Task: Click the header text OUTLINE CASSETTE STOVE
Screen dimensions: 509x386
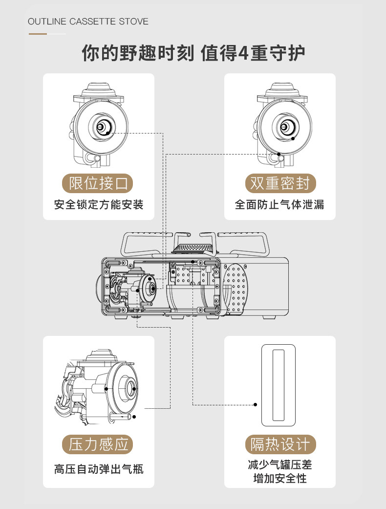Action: pos(88,22)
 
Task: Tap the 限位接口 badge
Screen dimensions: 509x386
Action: pos(98,183)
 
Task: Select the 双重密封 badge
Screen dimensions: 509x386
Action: pos(280,183)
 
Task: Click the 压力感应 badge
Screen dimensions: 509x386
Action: pos(98,444)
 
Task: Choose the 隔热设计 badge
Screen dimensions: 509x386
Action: pos(280,444)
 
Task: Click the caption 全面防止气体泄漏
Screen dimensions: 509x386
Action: pos(279,205)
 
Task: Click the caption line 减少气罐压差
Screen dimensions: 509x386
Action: pos(280,465)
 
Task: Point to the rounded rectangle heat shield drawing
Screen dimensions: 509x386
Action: pos(279,385)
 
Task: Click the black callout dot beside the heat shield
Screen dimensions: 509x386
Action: pos(255,405)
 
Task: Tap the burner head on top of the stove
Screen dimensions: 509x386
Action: pos(195,250)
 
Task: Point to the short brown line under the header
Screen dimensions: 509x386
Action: pos(38,34)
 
